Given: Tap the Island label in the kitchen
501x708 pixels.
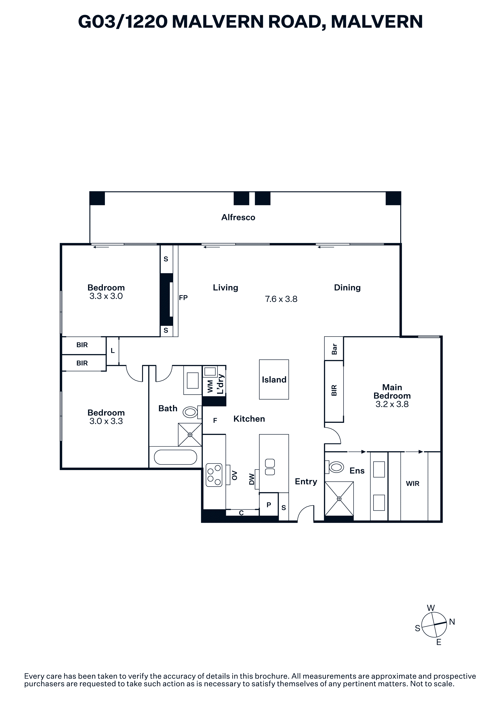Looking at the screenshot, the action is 274,380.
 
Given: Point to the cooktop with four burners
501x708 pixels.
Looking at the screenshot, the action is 214,475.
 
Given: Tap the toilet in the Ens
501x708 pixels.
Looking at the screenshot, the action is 335,467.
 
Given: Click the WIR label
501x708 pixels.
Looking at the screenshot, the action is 412,484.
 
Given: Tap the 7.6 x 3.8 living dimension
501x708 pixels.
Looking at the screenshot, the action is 281,299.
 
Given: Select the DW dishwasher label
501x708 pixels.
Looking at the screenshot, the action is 252,479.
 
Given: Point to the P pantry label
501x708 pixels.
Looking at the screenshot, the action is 269,505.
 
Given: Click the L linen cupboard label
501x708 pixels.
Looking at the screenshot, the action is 113,351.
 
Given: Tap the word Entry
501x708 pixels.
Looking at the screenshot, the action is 306,482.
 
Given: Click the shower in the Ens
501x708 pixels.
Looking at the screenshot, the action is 339,499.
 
